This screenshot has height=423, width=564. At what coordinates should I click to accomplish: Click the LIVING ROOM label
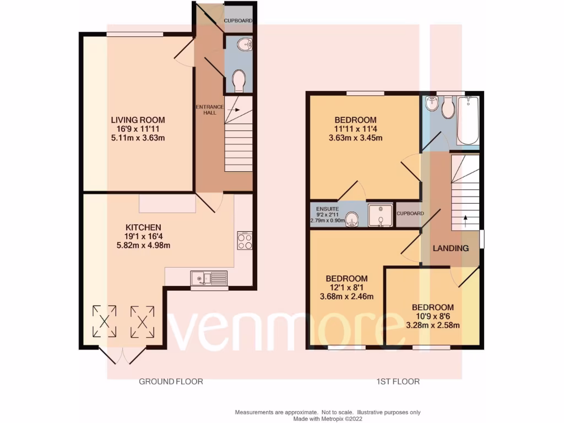pos(138,120)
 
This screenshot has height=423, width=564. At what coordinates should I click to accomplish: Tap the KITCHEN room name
pos(143,227)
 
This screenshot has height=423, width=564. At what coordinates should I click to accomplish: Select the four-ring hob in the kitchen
pos(245,240)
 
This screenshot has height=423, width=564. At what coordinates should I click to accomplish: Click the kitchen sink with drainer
pos(209,279)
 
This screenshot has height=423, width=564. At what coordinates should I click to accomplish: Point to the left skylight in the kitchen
pos(104,321)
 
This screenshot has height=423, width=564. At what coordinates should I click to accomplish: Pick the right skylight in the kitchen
pos(142,321)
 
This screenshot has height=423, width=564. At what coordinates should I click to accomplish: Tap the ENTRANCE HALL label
pos(210,109)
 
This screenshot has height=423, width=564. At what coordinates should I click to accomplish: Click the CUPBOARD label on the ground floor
pos(238,21)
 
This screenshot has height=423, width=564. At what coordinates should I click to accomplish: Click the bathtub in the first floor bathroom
pos(468,120)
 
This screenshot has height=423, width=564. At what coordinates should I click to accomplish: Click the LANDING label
pos(451,248)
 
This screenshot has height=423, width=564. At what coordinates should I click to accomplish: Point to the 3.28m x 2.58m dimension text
pos(432,325)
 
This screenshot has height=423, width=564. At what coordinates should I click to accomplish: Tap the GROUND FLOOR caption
pos(171,381)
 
